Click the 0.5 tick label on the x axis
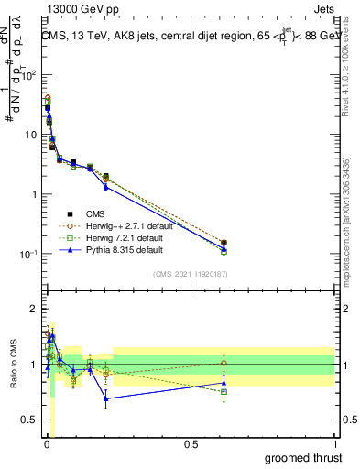point(190,444)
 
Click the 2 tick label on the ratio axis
point(34,309)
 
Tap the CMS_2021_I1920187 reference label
point(190,274)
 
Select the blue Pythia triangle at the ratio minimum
point(106,398)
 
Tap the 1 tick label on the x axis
point(334,444)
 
